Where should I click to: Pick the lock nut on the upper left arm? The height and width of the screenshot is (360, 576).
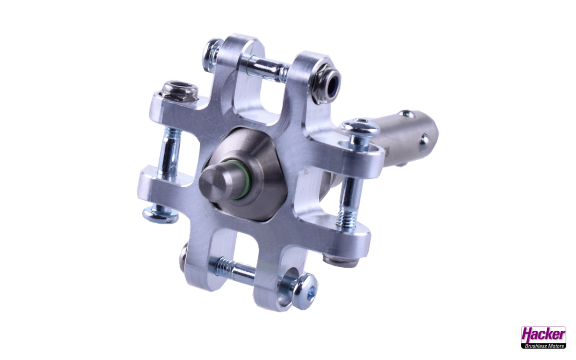coord(179,90)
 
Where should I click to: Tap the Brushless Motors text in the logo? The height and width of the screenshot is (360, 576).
coord(543,345)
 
